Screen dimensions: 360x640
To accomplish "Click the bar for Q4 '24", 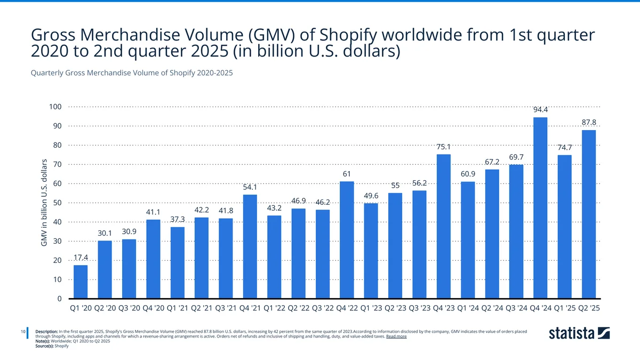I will pyautogui.click(x=540, y=208).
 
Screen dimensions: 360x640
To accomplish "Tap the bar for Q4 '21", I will pyautogui.click(x=250, y=246).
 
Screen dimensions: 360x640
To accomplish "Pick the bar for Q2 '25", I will pyautogui.click(x=589, y=214).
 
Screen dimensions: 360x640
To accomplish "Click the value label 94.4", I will pyautogui.click(x=540, y=110).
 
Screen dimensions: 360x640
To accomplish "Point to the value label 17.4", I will pyautogui.click(x=81, y=258).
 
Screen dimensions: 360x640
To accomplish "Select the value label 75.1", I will pyautogui.click(x=444, y=147).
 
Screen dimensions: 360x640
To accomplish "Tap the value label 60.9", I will pyautogui.click(x=468, y=174).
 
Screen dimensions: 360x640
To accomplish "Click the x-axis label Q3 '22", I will pyautogui.click(x=323, y=308).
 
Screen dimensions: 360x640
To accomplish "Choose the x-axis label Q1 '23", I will pyautogui.click(x=371, y=308).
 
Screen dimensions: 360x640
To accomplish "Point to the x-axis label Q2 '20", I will pyautogui.click(x=105, y=308).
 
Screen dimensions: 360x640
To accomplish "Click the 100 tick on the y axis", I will pyautogui.click(x=55, y=107).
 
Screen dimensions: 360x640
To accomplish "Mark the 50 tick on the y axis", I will pyautogui.click(x=57, y=203).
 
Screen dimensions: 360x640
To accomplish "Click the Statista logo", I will pyautogui.click(x=579, y=334).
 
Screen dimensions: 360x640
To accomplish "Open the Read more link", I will pyautogui.click(x=396, y=337).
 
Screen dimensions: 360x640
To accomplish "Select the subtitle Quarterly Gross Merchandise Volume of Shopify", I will pyautogui.click(x=132, y=73).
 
